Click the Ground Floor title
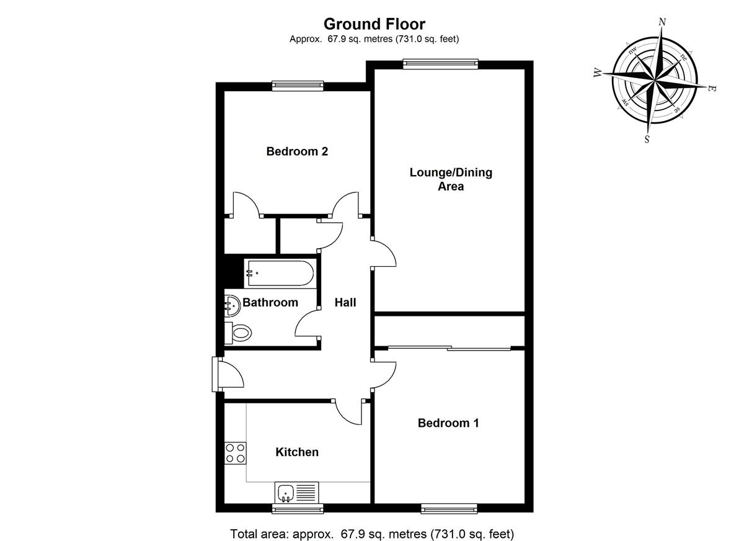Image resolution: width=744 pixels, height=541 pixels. (x=374, y=24)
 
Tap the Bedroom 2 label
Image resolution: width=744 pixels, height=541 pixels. (x=297, y=151)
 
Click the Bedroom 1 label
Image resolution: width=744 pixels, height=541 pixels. (x=448, y=423)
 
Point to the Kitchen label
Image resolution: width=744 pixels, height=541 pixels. (x=297, y=452)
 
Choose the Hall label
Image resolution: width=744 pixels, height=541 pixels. (x=345, y=303)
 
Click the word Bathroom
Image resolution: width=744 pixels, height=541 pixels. (x=270, y=303)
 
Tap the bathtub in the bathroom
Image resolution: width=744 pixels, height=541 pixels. (x=278, y=273)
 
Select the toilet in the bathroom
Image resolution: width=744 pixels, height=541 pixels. (x=238, y=333)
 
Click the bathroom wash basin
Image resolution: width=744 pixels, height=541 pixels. (x=232, y=305)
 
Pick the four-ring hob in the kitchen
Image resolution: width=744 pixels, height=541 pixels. (x=235, y=452)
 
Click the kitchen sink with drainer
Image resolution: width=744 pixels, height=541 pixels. (x=296, y=492)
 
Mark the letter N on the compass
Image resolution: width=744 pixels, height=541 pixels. (x=662, y=22)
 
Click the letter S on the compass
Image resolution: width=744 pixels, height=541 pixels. (x=647, y=139)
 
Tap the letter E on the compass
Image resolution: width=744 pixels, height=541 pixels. (x=712, y=89)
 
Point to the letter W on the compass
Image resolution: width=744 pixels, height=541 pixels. (x=598, y=73)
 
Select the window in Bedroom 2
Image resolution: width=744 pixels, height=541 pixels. (x=299, y=86)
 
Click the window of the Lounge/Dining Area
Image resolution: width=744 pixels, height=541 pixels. (x=440, y=63)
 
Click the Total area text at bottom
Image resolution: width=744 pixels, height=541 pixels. (x=372, y=533)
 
